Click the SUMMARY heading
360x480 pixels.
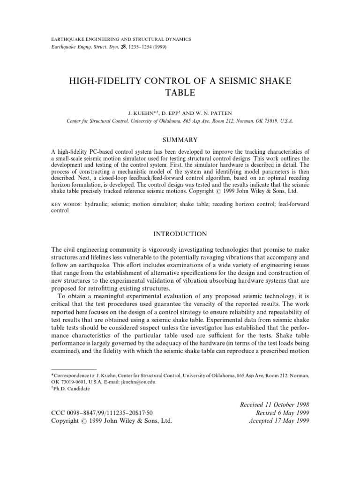[x=180, y=140]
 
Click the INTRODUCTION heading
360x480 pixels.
[x=180, y=233]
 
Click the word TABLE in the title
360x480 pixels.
[x=180, y=93]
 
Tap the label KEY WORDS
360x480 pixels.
[x=66, y=205]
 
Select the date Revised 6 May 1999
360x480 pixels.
[x=282, y=412]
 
